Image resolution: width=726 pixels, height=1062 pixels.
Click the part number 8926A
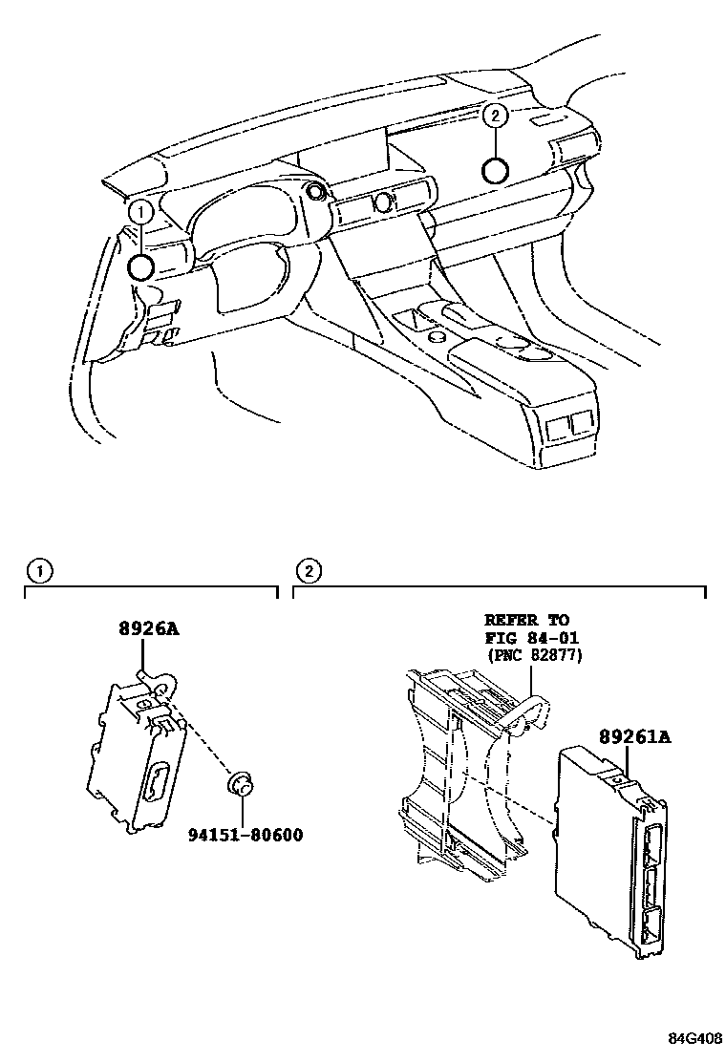pyautogui.click(x=149, y=629)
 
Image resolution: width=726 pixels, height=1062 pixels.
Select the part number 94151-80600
pyautogui.click(x=244, y=835)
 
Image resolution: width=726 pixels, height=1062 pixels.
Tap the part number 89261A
pyautogui.click(x=634, y=737)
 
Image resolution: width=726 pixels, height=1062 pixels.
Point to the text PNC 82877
pyautogui.click(x=534, y=655)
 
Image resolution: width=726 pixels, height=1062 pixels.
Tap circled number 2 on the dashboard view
pyautogui.click(x=494, y=117)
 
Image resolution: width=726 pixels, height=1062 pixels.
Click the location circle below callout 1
pyautogui.click(x=142, y=266)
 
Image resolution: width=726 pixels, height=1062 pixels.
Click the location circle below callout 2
pyautogui.click(x=495, y=171)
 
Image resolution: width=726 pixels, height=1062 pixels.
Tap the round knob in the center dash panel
pyautogui.click(x=384, y=202)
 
